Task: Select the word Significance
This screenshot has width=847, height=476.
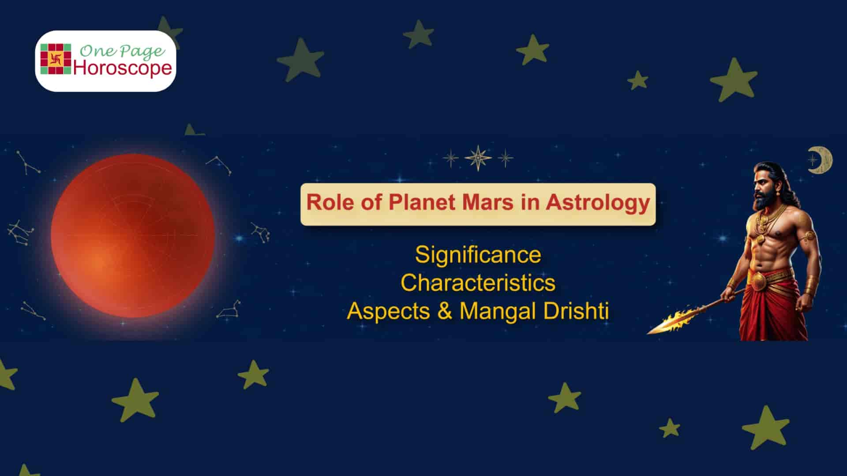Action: (x=478, y=255)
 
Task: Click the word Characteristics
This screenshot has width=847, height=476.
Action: (x=478, y=283)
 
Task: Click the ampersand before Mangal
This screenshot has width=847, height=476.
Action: (x=445, y=311)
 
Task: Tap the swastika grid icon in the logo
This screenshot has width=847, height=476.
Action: (x=56, y=59)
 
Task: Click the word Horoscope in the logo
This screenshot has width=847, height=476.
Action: (x=123, y=68)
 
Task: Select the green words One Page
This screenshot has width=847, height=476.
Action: (x=122, y=51)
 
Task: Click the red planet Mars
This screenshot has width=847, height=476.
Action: (x=133, y=236)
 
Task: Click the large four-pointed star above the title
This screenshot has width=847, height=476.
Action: (x=478, y=158)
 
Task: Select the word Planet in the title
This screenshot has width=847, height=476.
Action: (x=422, y=203)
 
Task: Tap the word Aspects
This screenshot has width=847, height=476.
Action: (x=388, y=311)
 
